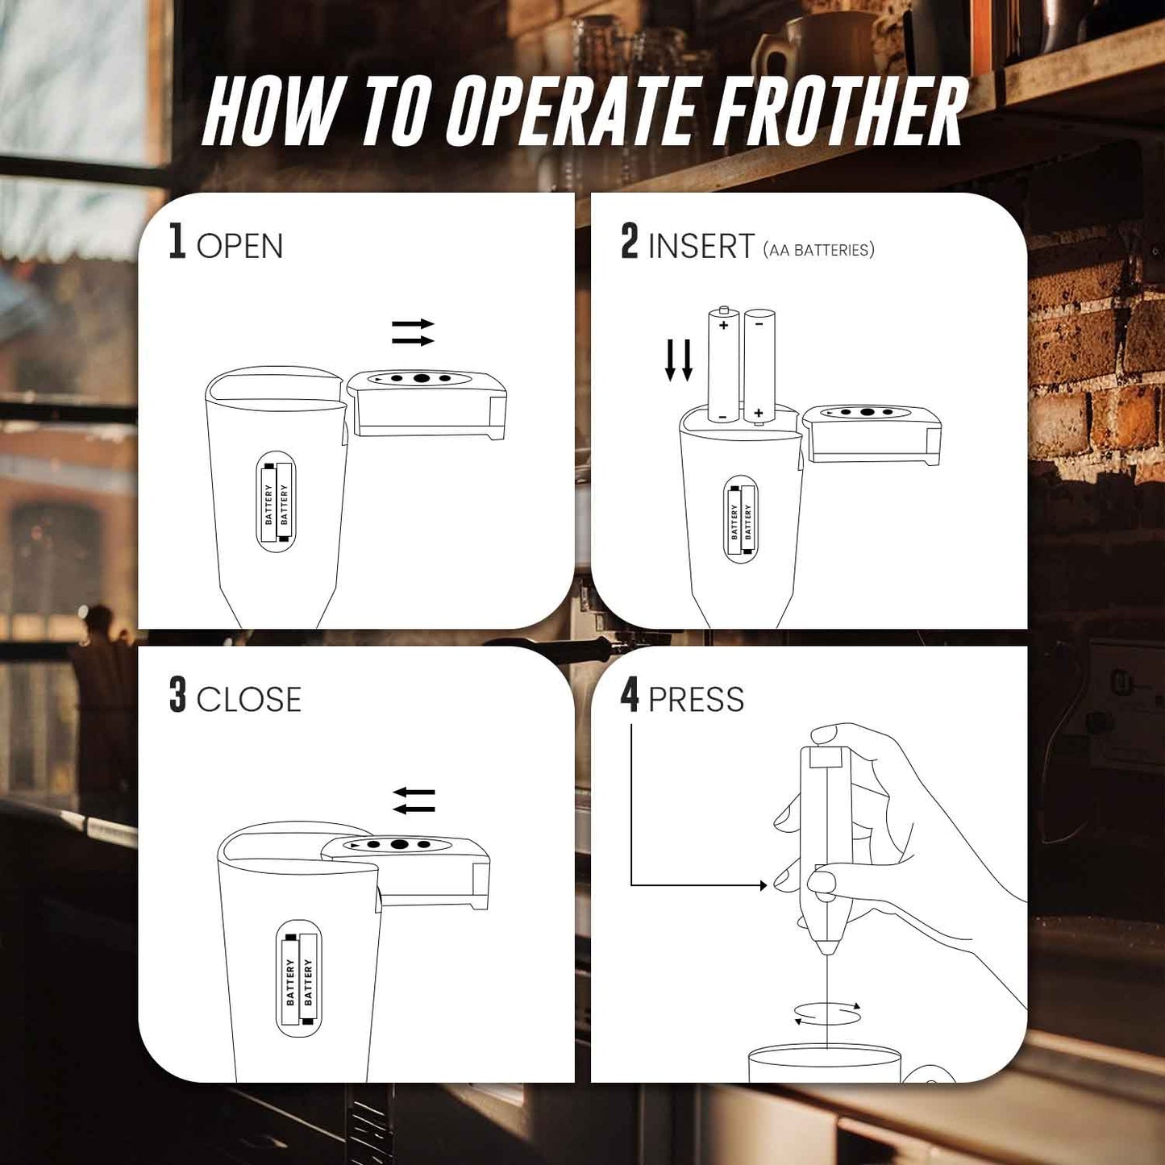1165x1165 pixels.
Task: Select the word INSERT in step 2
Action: [x=701, y=246]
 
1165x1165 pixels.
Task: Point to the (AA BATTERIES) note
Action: [x=818, y=250]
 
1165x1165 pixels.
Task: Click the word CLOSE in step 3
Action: [x=248, y=699]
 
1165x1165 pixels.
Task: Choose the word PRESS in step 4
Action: [x=696, y=700]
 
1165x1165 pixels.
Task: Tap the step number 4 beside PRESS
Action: [x=630, y=694]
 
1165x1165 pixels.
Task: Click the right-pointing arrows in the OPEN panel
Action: [x=413, y=332]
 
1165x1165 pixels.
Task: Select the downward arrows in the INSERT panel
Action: [x=678, y=360]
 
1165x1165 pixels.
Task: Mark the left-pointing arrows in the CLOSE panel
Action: [x=414, y=801]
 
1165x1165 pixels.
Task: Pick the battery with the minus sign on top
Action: [x=759, y=367]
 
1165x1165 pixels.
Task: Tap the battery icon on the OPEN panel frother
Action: [x=276, y=501]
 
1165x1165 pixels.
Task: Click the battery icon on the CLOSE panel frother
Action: [x=298, y=980]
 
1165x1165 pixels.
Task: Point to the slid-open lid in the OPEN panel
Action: [x=427, y=403]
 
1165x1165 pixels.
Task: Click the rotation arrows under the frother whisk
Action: [x=828, y=1014]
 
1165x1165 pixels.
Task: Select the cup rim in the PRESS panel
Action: [x=824, y=1051]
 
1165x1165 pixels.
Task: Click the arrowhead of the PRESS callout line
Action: [x=763, y=885]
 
